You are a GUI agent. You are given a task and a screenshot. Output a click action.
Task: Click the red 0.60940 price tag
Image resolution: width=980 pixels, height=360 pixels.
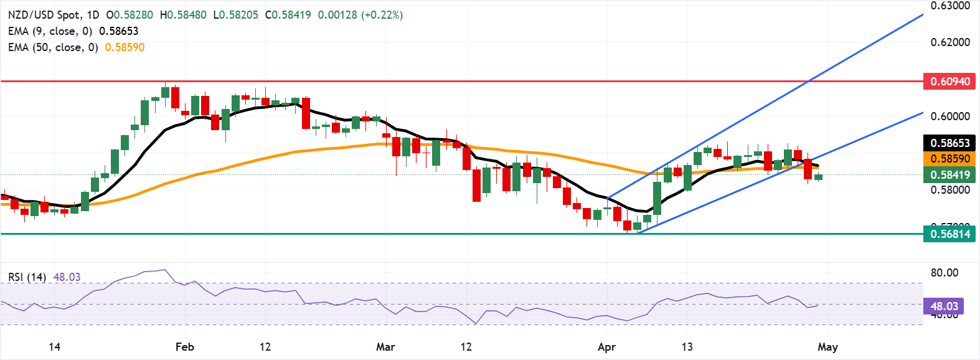949,82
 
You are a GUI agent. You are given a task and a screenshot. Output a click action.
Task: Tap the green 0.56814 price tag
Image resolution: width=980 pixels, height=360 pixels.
949,234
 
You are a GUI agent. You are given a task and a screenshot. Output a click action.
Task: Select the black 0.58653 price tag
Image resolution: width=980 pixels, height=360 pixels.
949,143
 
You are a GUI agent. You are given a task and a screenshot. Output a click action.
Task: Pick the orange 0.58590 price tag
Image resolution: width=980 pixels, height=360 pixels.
949,159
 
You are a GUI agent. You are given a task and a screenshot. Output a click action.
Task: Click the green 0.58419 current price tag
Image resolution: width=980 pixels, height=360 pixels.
949,175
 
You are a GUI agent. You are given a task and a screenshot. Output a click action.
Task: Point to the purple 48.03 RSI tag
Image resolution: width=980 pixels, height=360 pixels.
944,306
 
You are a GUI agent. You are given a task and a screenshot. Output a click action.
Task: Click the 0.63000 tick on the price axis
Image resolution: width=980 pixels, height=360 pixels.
950,6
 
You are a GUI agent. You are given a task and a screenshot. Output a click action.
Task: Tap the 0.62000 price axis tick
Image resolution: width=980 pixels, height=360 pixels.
950,42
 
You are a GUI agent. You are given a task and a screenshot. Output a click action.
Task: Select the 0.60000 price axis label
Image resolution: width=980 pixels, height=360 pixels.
950,116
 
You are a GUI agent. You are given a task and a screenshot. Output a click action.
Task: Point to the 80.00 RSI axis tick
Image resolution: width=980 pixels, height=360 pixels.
944,273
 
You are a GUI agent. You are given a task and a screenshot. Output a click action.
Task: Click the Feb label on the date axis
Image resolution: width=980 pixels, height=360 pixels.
184,347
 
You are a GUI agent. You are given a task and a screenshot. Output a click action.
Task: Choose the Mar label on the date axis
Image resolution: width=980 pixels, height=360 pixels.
385,347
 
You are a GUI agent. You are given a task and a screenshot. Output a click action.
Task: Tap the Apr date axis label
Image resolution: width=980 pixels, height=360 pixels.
606,347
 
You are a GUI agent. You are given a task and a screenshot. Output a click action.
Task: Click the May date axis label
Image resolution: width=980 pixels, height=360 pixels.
827,347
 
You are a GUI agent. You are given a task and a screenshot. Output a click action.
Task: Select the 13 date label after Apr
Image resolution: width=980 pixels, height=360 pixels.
687,347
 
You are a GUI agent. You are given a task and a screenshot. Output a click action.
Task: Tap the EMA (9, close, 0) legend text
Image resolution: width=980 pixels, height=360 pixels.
50,31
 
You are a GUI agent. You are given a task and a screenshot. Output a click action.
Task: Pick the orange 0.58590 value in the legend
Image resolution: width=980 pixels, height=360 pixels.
125,47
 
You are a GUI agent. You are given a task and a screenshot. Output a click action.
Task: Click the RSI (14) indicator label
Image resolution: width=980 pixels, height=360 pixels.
27,277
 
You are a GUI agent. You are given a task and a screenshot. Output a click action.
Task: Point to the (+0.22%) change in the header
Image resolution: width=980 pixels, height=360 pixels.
382,15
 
